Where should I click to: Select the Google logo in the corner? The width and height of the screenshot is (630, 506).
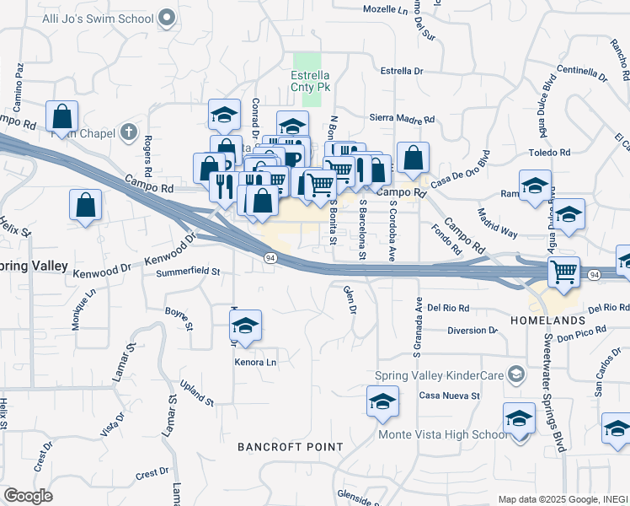[28, 496]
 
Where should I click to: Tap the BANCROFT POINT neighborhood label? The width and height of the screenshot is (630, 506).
[290, 446]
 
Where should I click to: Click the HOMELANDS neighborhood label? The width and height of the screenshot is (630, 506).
[547, 321]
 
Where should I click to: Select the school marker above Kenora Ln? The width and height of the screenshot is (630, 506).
[245, 326]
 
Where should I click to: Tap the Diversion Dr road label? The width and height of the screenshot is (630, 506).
[472, 330]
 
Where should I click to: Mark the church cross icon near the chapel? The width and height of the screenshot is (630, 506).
[129, 131]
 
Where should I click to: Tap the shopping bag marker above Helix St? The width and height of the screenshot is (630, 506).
[86, 204]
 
